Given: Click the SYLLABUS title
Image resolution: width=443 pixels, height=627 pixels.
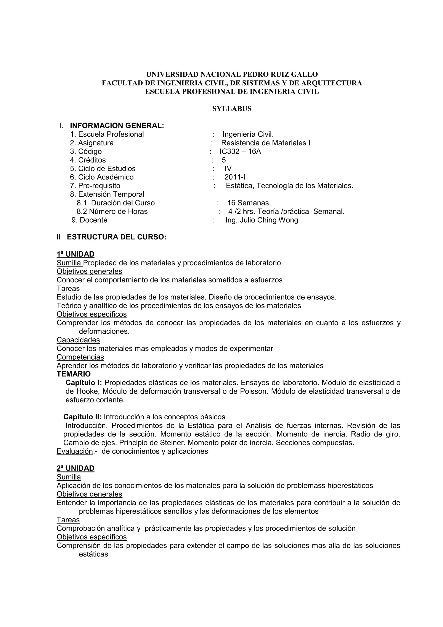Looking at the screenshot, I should coord(232,109).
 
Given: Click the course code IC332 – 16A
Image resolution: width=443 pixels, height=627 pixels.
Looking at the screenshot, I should coord(240,151).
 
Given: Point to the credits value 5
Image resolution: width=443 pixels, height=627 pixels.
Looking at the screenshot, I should coord(224,160).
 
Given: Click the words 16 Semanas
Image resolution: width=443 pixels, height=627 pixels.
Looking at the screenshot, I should coord(249,203).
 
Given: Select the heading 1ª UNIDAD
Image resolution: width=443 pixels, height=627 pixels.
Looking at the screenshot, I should coord(75,254).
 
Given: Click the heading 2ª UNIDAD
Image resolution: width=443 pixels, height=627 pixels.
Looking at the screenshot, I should coord(75,468).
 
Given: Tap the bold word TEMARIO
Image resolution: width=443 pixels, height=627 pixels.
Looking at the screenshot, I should coord(74,374).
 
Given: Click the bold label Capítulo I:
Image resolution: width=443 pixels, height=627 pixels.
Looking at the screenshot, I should coord(83,383).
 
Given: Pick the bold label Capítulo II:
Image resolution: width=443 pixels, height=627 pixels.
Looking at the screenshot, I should coord(82,417).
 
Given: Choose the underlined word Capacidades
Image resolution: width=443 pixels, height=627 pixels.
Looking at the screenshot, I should coord(78,340).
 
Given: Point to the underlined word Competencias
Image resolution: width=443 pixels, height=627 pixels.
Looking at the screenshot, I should coord(80,357).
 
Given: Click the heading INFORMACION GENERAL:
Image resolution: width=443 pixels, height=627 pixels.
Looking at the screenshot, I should coord(117,126).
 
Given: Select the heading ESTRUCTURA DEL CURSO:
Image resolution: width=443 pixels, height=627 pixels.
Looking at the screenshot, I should coord(116,237).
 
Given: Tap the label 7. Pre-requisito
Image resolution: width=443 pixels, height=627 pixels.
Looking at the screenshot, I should coord(95,186).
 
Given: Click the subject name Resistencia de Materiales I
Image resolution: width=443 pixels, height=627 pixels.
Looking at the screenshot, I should coord(265,143).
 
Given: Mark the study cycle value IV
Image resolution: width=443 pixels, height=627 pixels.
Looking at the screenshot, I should coord(228,168).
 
